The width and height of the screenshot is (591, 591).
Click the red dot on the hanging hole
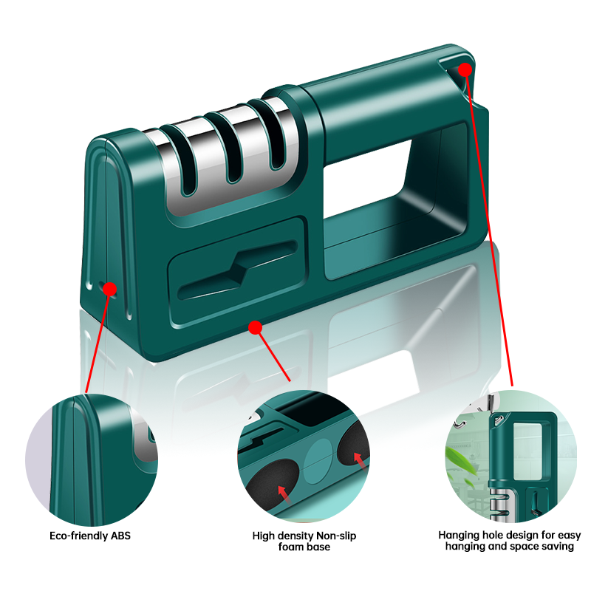465,69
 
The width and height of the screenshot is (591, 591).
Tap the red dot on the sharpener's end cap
109,289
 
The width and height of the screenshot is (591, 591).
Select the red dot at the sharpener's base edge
255,327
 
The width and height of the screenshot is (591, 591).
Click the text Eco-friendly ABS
90,536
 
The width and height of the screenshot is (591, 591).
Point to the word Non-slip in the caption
336,536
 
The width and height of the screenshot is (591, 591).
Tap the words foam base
304,547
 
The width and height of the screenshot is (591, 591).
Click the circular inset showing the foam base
304,457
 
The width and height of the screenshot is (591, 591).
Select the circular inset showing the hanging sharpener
510,457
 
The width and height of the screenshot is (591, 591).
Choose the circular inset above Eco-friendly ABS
92,460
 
